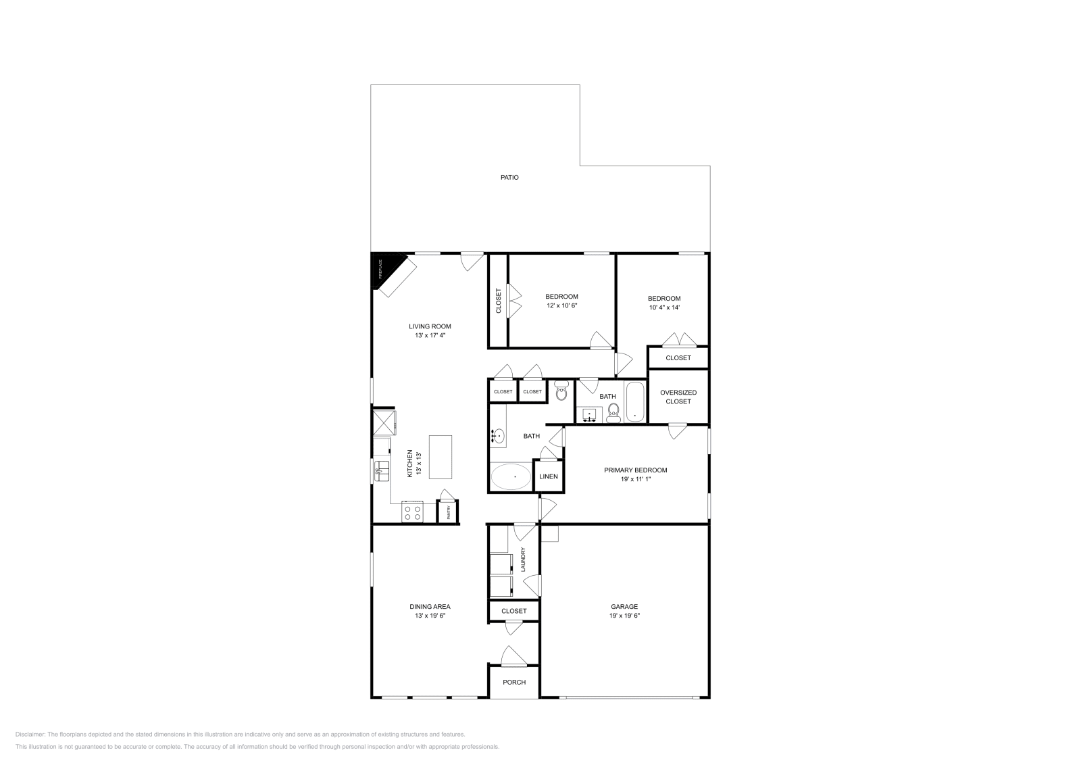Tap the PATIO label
pyautogui.click(x=509, y=178)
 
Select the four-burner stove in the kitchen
pyautogui.click(x=412, y=512)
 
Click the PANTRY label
pyautogui.click(x=447, y=512)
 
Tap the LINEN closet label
pyautogui.click(x=549, y=476)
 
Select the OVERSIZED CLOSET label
pyautogui.click(x=678, y=397)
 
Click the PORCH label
pyautogui.click(x=514, y=682)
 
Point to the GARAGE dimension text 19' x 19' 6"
pyautogui.click(x=624, y=616)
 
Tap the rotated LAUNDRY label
pyautogui.click(x=523, y=560)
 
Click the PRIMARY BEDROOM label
pyautogui.click(x=635, y=470)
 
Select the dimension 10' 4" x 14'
pyautogui.click(x=664, y=307)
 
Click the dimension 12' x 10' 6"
pyautogui.click(x=561, y=305)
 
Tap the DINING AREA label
pyautogui.click(x=430, y=606)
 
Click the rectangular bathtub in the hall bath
pyautogui.click(x=635, y=402)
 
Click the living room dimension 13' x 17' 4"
pyautogui.click(x=430, y=335)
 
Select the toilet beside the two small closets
pyautogui.click(x=561, y=391)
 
